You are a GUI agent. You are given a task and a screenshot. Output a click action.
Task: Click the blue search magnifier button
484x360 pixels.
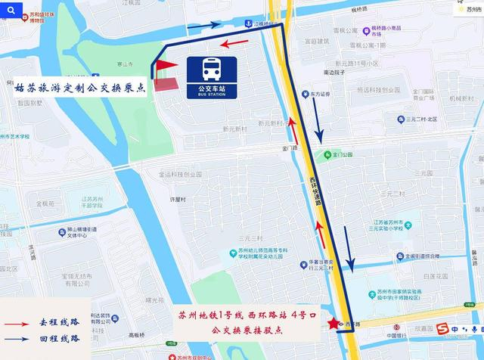coord(11,10)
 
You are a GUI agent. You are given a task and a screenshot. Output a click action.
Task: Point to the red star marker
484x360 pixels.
coord(334,324)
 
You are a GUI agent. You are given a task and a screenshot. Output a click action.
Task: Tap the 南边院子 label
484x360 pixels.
coord(334,73)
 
